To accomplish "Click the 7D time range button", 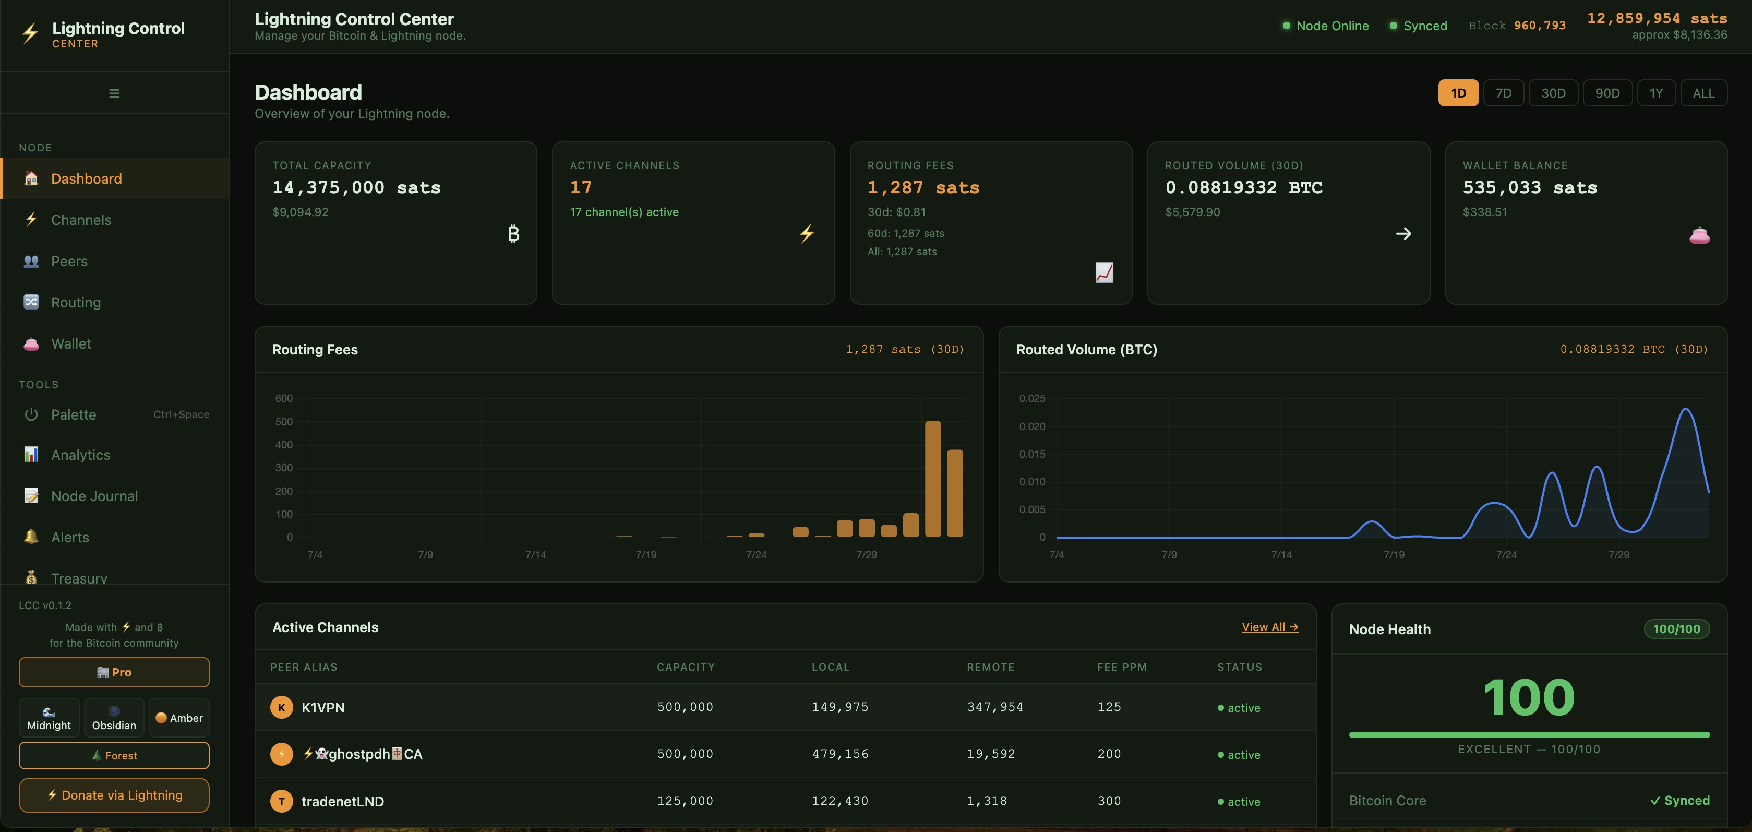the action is [x=1503, y=93].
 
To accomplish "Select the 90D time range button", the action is [x=1607, y=93].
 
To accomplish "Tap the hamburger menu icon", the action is [x=114, y=93].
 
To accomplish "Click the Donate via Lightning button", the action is [x=114, y=795].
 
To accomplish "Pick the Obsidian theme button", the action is [x=114, y=718].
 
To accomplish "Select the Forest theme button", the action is [x=114, y=755].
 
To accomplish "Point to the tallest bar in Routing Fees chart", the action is [x=933, y=479].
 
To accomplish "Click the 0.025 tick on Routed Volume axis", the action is [x=1032, y=398].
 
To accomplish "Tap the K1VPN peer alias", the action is [x=323, y=707].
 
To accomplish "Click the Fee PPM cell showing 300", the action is [x=1109, y=801].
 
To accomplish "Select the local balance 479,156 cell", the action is [x=840, y=754].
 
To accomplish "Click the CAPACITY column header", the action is [x=686, y=667].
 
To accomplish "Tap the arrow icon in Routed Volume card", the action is [x=1403, y=234].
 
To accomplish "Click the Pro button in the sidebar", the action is [x=114, y=672].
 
